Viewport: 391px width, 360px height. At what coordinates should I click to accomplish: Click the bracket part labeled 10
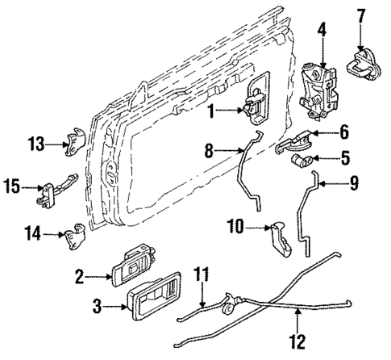click(280, 237)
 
